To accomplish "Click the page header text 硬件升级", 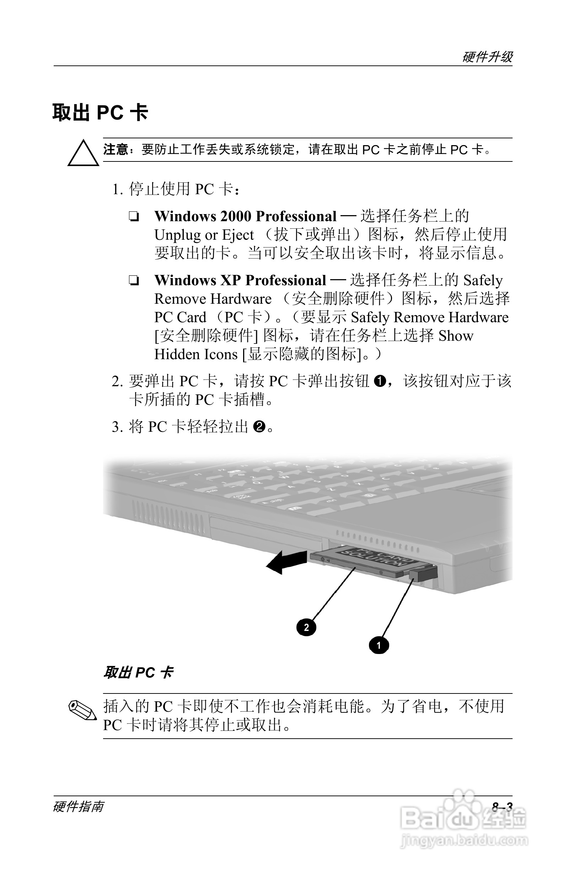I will pos(487,57).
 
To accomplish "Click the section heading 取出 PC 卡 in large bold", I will pos(100,113).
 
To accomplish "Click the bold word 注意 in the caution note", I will pos(115,150).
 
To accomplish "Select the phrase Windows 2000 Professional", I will pos(245,216).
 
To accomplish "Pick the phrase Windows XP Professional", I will pos(240,280).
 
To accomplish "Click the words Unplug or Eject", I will pos(204,235).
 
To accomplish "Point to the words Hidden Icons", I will pos(196,354).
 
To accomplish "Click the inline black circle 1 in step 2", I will pos(380,382).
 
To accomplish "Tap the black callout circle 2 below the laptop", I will pos(306,627).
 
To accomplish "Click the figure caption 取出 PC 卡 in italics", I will pos(138,672).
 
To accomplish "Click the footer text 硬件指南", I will pos(78,807).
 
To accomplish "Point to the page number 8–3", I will pos(502,807).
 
